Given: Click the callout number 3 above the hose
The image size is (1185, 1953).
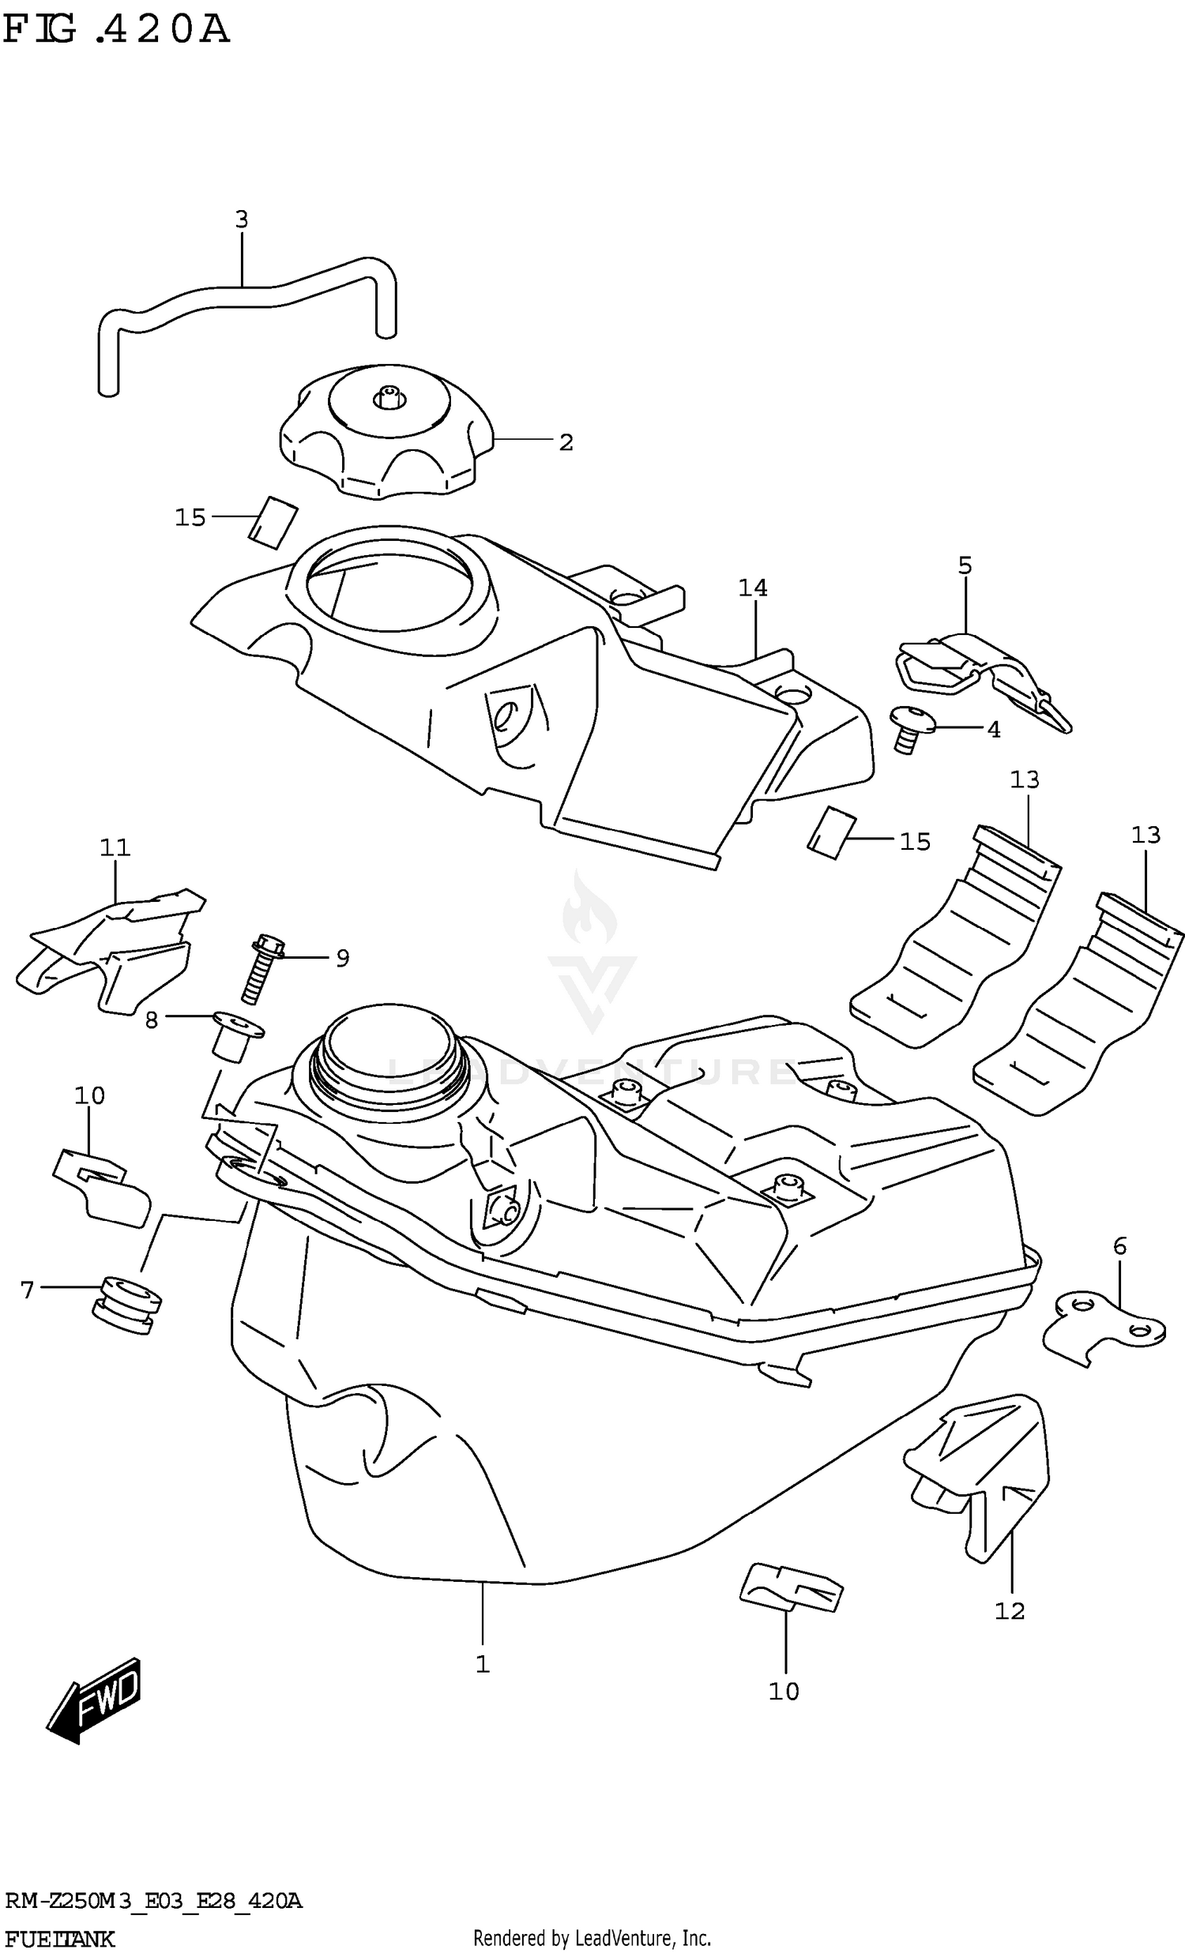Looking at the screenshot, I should [242, 220].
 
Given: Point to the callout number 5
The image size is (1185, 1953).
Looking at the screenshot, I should [965, 565].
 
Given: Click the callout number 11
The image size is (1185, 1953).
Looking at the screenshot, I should [115, 847].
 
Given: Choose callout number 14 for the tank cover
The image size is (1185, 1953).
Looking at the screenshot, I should [752, 588].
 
